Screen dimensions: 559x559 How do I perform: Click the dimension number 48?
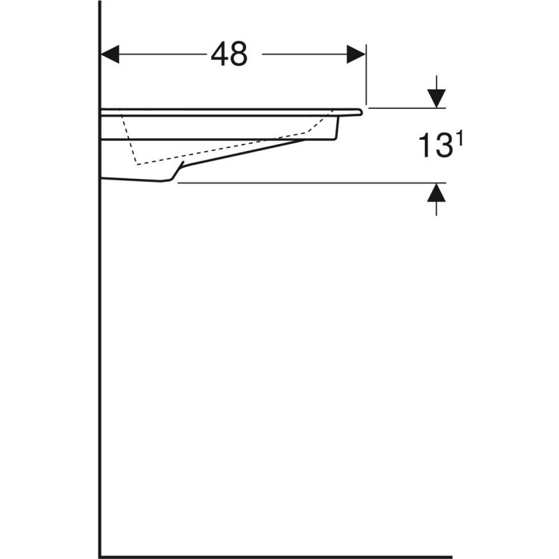(x=229, y=54)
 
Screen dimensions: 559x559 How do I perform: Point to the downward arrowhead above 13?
(x=437, y=99)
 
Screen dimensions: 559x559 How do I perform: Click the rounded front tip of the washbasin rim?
(x=362, y=111)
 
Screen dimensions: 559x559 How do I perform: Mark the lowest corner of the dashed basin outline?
(x=138, y=164)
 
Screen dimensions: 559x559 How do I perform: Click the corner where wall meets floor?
(x=101, y=556)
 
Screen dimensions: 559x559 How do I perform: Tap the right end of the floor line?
(x=449, y=556)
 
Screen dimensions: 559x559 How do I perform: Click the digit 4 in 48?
(x=219, y=54)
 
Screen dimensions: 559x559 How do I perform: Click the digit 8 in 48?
(x=238, y=54)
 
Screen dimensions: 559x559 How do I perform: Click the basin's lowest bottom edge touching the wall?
(x=133, y=181)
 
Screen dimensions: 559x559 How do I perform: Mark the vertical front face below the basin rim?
(x=339, y=126)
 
